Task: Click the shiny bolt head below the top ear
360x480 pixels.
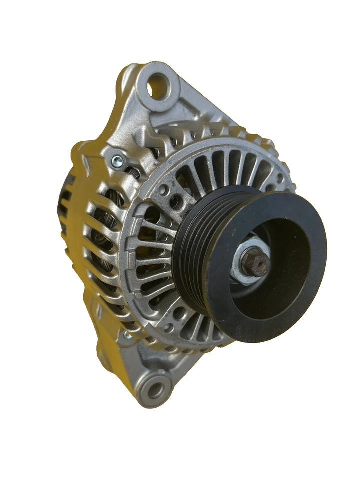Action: tap(118, 160)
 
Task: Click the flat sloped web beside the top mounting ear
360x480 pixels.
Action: tap(200, 107)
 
